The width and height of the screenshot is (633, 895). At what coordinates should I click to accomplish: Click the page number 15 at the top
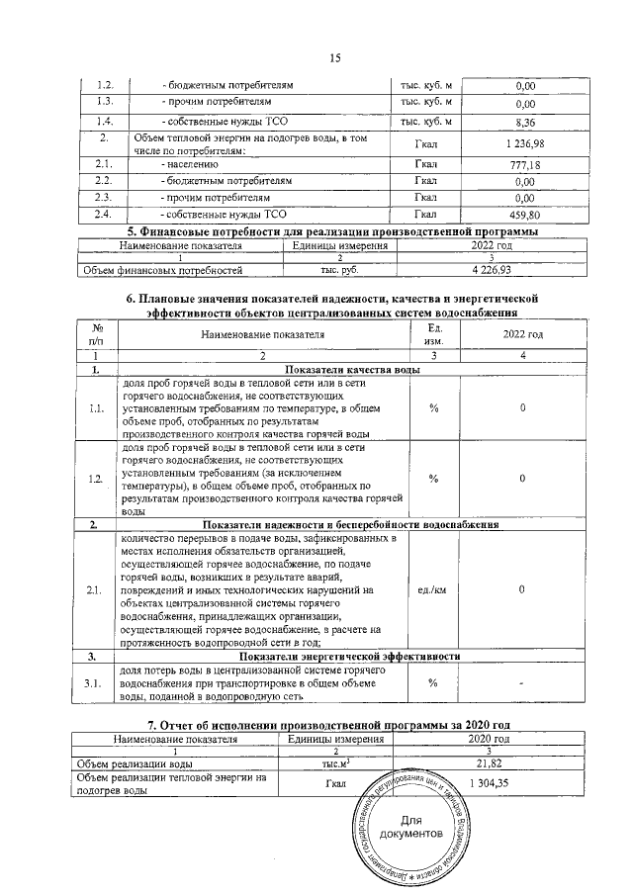(334, 58)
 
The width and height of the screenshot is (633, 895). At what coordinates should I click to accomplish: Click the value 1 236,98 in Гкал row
(525, 144)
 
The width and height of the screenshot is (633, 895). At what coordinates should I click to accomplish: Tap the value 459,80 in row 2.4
(525, 215)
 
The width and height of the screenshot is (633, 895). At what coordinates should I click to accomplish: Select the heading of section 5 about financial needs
(334, 230)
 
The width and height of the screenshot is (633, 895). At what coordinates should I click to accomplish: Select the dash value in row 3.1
(522, 683)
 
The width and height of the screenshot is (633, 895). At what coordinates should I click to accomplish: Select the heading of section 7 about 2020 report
(334, 726)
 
